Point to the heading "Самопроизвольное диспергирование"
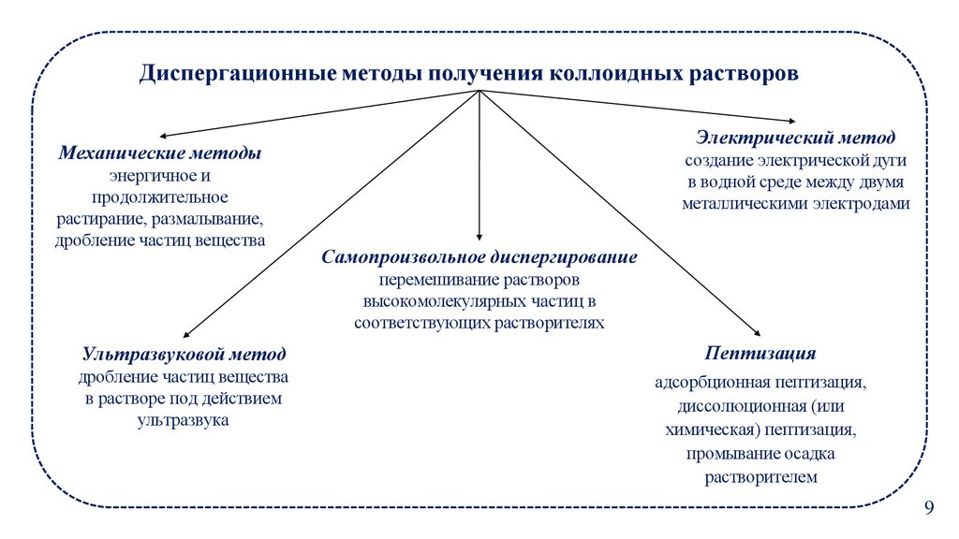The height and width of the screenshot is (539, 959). (479, 256)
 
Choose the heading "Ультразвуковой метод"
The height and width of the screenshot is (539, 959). (184, 355)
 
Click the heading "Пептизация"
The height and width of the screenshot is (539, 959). (760, 354)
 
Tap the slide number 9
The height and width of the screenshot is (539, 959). (929, 507)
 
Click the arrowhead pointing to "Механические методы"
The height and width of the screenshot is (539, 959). (159, 136)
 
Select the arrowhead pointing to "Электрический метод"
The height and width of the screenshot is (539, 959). (791, 120)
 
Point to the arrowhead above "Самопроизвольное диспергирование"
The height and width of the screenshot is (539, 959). (479, 240)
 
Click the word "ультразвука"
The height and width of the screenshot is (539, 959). (183, 421)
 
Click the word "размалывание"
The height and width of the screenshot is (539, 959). (211, 219)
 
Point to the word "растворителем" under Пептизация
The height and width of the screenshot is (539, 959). (761, 476)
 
